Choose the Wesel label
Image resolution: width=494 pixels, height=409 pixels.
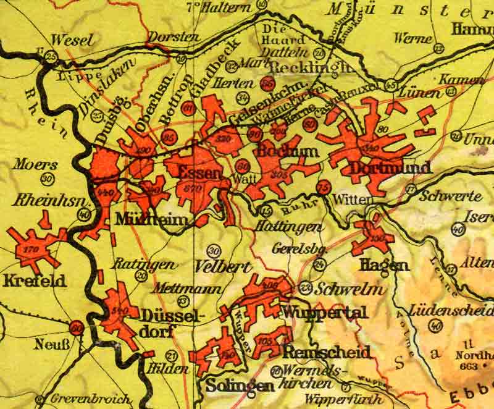point(73,40)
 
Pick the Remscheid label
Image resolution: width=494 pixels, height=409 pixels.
point(326,352)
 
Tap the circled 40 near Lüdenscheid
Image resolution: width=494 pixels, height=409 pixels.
point(437,326)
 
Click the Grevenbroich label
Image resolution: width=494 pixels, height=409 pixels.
point(90,399)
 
